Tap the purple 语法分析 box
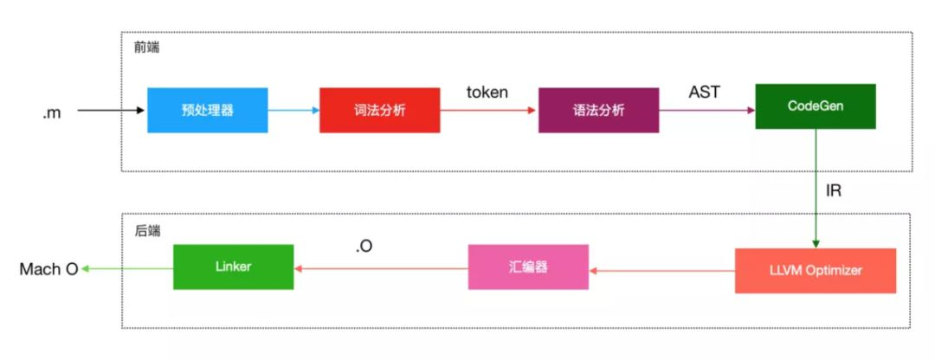[x=598, y=110]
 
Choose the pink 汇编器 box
[x=528, y=267]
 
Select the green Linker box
[x=233, y=267]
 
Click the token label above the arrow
[x=487, y=92]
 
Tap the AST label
[x=704, y=92]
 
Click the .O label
[x=364, y=247]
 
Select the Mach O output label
[x=48, y=269]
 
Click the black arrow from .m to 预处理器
[x=111, y=111]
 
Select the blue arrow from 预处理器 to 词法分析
[x=293, y=111]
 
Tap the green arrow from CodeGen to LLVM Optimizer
[x=815, y=200]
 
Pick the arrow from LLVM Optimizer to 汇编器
[x=661, y=269]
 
